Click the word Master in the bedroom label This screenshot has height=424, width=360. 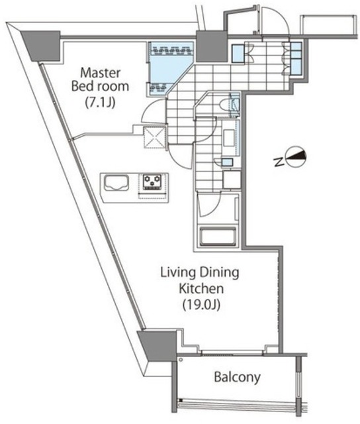point(100,73)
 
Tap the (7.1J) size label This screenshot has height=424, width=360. point(100,102)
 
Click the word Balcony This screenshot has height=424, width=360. point(238,377)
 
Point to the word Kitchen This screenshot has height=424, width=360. point(201,289)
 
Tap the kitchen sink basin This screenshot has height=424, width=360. point(116,183)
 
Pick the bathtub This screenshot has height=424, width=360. point(218,237)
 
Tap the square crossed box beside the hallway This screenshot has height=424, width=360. point(154,137)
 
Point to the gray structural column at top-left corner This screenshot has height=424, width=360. point(40,45)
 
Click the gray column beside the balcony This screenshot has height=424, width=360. point(157,345)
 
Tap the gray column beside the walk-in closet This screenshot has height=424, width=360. point(212,46)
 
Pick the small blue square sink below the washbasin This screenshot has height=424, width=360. point(227,162)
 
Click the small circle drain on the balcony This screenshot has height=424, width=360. point(181,360)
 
